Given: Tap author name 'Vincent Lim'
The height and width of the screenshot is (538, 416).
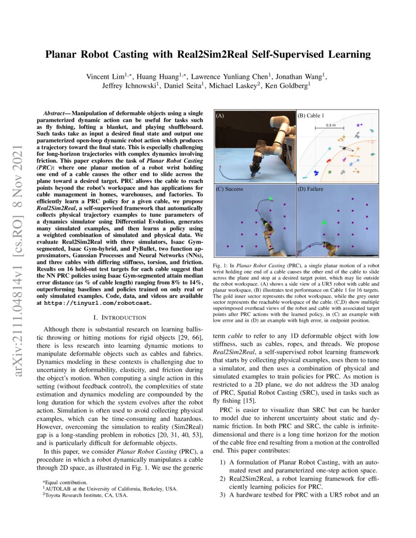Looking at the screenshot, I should pos(105,76).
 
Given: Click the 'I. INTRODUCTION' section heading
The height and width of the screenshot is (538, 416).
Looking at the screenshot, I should pos(120,318).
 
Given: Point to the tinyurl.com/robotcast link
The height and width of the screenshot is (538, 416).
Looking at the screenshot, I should pos(97,303).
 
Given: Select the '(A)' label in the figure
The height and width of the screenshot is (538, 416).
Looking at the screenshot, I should pos(220,116).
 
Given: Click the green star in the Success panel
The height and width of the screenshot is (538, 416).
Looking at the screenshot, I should pos(270,198).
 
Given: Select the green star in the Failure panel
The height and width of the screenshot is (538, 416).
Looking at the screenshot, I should pos(324,223).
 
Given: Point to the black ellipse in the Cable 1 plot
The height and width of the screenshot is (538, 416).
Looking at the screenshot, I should pos(348,148).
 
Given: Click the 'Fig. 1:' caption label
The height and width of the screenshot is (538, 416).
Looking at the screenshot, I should pos(222,266).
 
